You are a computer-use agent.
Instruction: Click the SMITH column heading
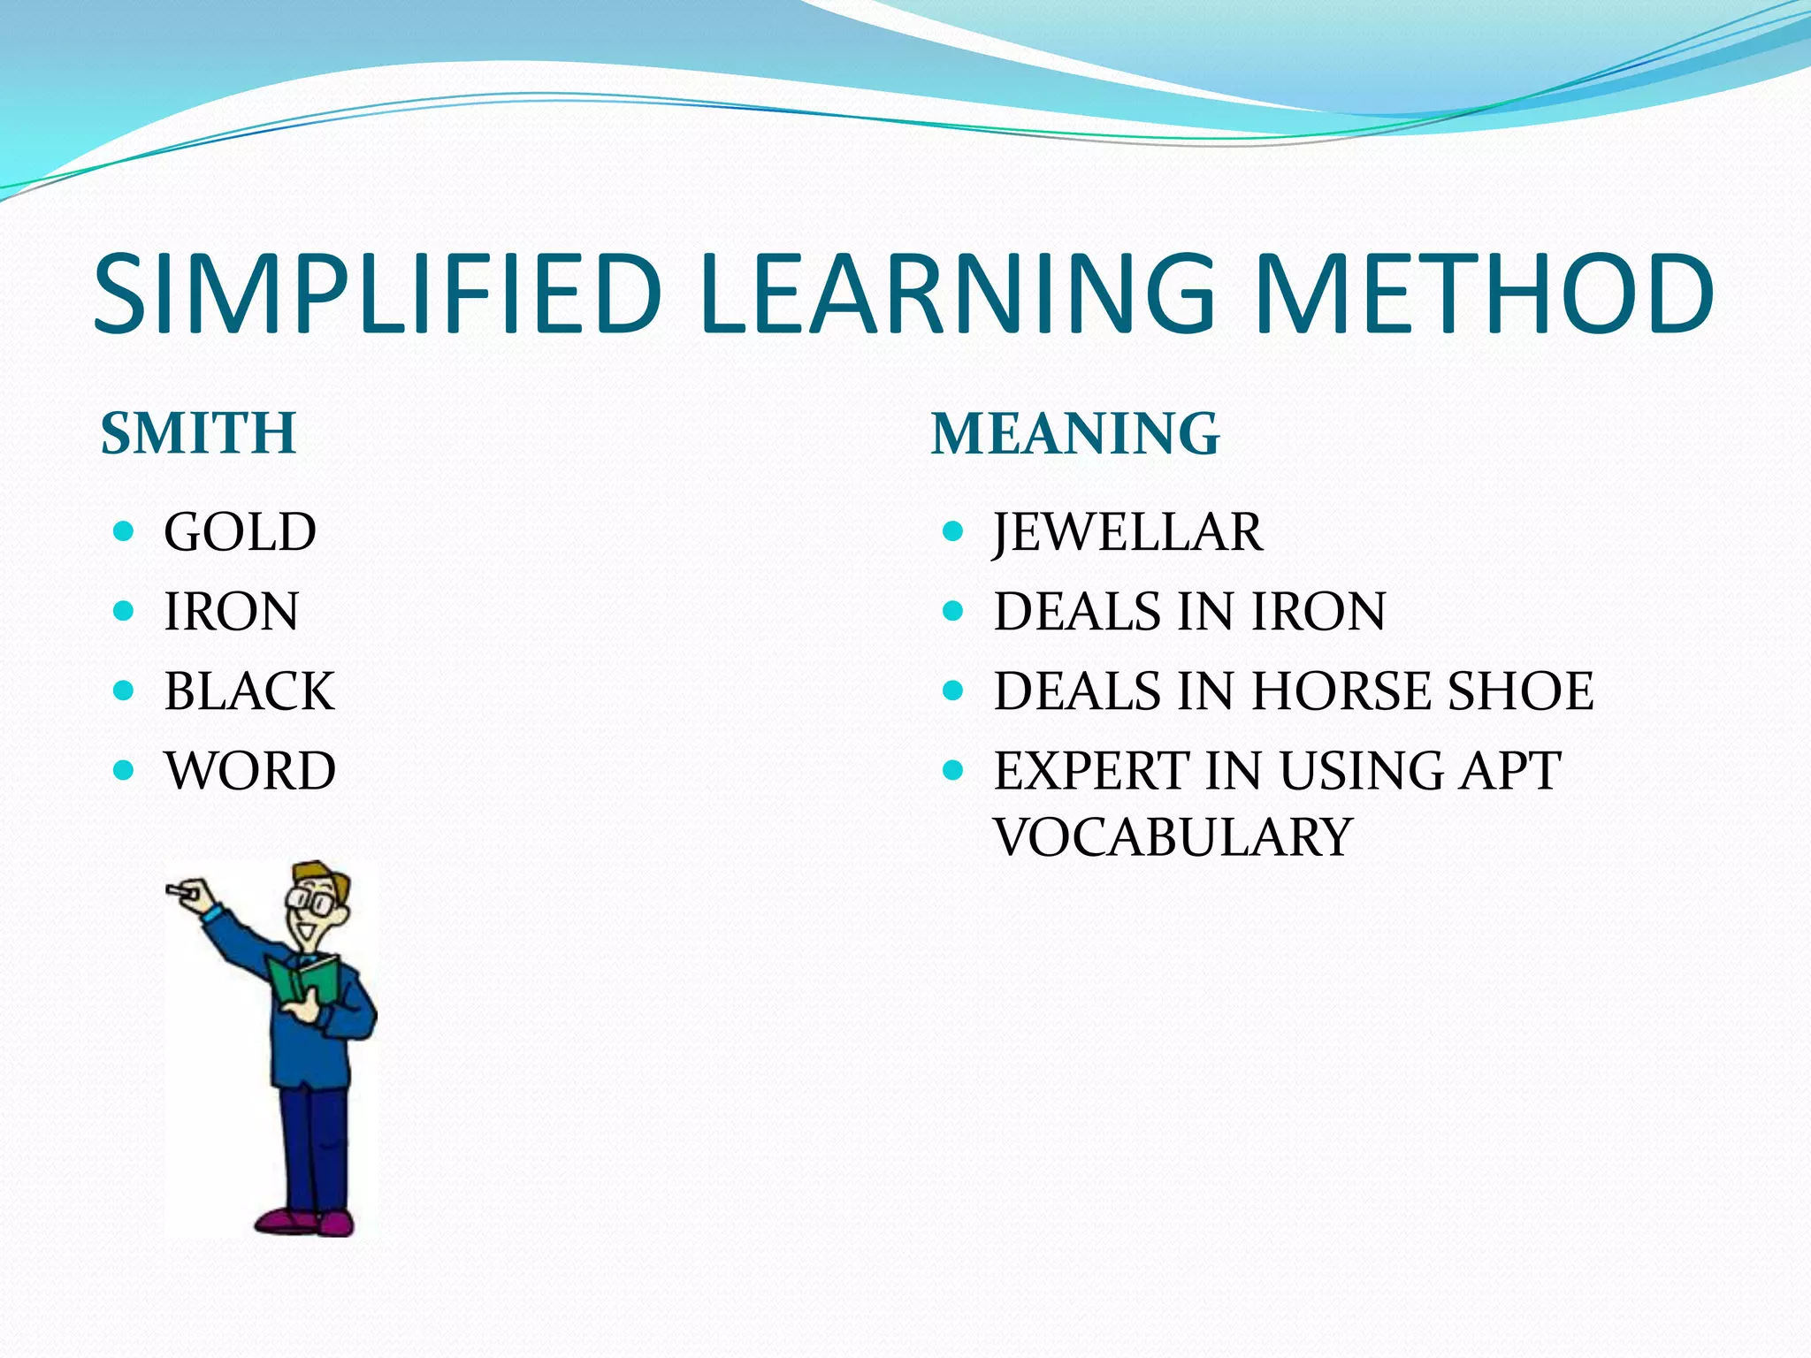tap(198, 433)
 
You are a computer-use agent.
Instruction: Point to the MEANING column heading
tap(1074, 433)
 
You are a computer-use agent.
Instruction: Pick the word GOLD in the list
tap(240, 532)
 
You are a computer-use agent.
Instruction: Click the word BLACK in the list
tap(249, 691)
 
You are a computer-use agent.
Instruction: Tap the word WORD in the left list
tap(250, 771)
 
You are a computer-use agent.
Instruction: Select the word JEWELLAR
tap(1127, 532)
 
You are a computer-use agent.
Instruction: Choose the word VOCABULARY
tap(1173, 837)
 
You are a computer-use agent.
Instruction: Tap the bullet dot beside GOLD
tap(124, 531)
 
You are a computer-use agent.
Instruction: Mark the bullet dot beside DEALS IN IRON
tap(952, 611)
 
